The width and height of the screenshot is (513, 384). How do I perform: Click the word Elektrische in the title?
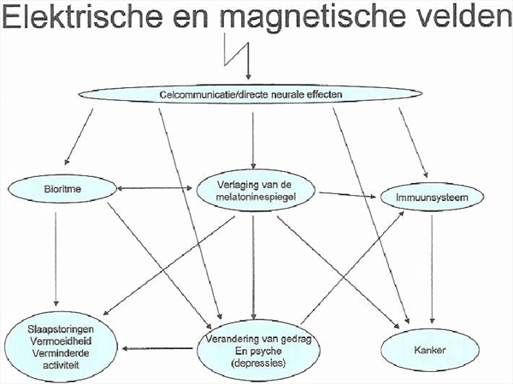click(x=82, y=15)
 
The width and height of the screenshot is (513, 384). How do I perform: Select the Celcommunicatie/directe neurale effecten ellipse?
click(x=251, y=94)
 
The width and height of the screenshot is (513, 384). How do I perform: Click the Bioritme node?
click(x=62, y=189)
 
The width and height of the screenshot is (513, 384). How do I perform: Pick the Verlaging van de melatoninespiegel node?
click(x=256, y=191)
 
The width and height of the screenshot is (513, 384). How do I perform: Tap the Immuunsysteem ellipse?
click(x=432, y=198)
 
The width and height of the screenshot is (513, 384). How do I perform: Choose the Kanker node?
click(x=430, y=351)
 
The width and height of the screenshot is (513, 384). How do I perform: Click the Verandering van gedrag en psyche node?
click(x=258, y=351)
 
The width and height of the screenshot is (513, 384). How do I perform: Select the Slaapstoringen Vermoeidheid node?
click(x=61, y=346)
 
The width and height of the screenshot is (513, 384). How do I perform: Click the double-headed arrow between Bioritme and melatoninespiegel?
click(x=155, y=188)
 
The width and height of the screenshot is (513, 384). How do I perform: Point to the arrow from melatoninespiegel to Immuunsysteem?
click(x=347, y=195)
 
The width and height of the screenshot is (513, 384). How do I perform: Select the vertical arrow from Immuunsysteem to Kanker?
click(x=432, y=269)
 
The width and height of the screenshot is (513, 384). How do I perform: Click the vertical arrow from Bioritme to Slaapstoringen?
click(x=56, y=259)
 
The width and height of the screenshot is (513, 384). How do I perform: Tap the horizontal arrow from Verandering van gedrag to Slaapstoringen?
click(x=157, y=349)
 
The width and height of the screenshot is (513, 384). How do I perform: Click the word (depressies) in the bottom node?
click(x=258, y=363)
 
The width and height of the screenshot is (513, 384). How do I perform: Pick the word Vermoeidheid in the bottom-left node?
click(x=61, y=341)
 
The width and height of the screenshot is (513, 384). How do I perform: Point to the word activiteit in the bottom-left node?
click(x=61, y=365)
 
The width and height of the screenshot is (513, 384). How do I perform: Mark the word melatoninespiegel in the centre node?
click(x=256, y=197)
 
